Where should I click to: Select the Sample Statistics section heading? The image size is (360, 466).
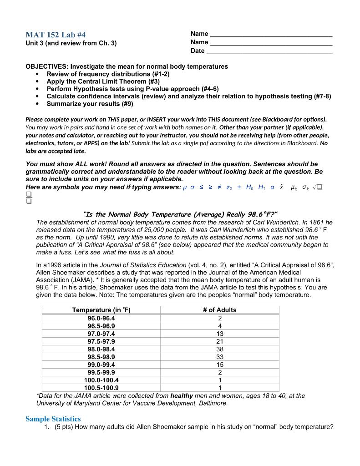coord(53,419)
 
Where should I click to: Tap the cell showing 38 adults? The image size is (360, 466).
coord(219,349)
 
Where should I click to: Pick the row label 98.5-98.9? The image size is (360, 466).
coord(101,357)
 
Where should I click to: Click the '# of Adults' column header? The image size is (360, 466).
coord(219,310)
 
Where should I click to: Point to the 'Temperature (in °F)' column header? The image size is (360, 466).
coord(101,310)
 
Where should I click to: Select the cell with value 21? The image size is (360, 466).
coord(219,341)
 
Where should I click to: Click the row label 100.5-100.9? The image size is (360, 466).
coord(101,388)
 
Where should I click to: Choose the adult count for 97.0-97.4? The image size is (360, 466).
coord(219,334)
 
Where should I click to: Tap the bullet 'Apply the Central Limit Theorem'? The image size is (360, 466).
coord(96,81)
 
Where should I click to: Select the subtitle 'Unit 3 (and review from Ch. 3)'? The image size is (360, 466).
coord(71,43)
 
